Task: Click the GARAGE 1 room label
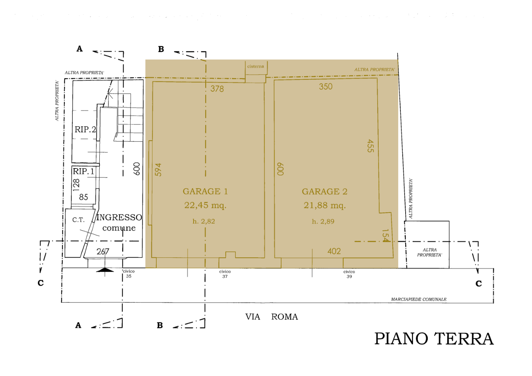coord(205,192)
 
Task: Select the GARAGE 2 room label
coord(324,192)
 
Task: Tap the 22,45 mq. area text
coord(205,205)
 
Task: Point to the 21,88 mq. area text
coord(324,205)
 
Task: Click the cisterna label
coord(256,66)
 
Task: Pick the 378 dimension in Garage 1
coord(217,89)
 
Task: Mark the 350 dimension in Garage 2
coord(325,87)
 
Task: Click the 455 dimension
coord(371,146)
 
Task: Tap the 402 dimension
coord(334,251)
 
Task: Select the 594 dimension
coord(158,170)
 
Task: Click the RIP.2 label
coord(85,129)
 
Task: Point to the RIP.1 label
coord(83,171)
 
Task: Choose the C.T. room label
coord(78,220)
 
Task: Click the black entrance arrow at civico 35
coord(105,270)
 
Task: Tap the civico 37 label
coord(225,274)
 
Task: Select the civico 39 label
coord(349,274)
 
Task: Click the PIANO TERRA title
coord(434,339)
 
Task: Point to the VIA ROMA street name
coord(272,317)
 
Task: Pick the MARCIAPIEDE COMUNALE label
coord(419,299)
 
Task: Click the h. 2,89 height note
coord(323,221)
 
